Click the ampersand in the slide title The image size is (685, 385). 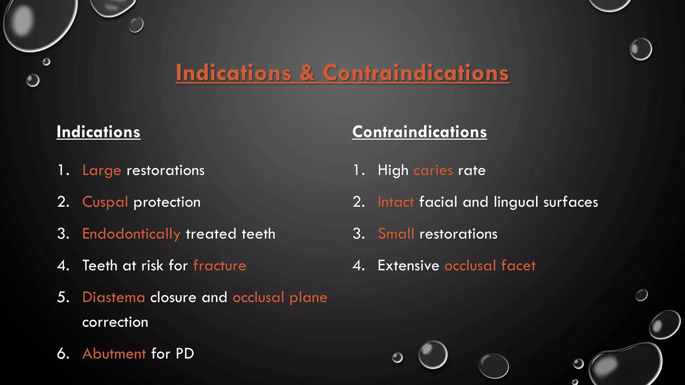(x=307, y=73)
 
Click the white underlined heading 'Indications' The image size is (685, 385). (x=98, y=132)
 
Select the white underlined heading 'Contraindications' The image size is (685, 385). (x=419, y=132)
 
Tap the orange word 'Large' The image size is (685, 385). (x=102, y=170)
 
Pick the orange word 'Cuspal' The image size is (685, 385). (x=105, y=202)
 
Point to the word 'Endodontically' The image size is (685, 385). (x=131, y=234)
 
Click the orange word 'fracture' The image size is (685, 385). (x=219, y=266)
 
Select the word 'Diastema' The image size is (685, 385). (x=113, y=297)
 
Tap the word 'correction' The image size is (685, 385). (x=115, y=322)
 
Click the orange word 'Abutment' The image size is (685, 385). (x=114, y=354)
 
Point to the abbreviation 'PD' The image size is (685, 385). (x=185, y=354)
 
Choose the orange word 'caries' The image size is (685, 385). (x=433, y=170)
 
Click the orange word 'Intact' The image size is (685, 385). (x=396, y=202)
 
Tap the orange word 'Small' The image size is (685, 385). (x=396, y=234)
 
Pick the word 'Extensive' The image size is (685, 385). (x=408, y=266)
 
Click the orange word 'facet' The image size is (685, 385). (x=518, y=266)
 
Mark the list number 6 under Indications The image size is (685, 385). (x=63, y=354)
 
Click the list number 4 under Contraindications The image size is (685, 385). (x=358, y=266)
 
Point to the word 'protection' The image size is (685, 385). (x=167, y=202)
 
